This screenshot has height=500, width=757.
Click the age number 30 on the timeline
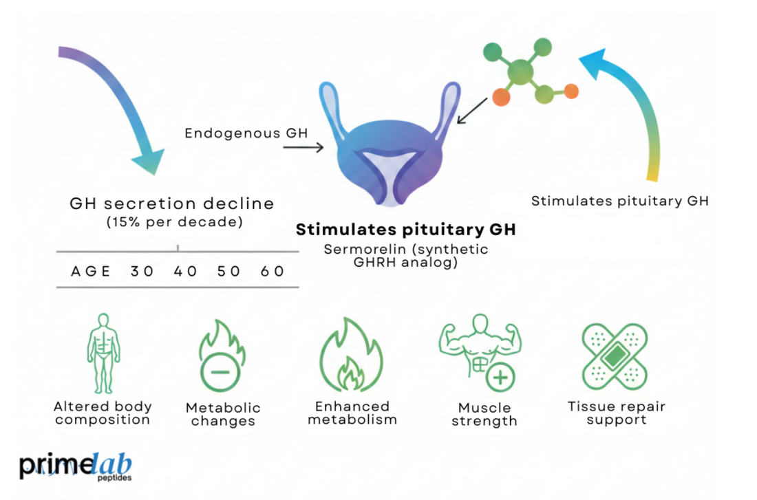[x=142, y=271]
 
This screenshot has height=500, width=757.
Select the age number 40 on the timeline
[x=185, y=271]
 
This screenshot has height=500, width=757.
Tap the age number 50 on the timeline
[x=228, y=271]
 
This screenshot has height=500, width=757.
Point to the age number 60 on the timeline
[x=273, y=271]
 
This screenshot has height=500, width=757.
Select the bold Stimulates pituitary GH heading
[x=405, y=230]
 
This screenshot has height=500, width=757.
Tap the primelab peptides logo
[x=76, y=466]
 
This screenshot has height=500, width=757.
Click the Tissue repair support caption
[x=617, y=413]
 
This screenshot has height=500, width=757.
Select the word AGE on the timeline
[x=91, y=271]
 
